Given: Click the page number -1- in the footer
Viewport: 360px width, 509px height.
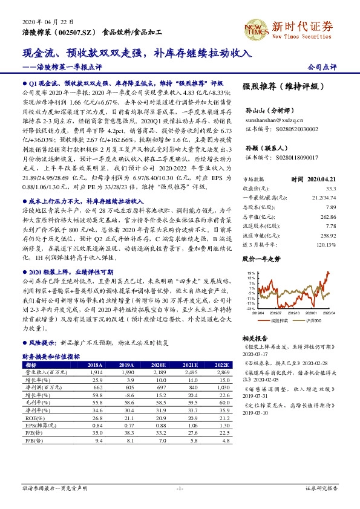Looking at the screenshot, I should (x=180, y=488).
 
